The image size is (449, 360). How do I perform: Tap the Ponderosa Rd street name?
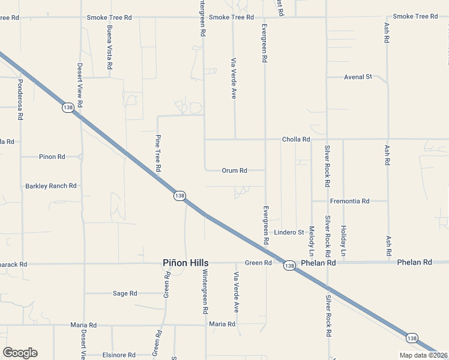click(20, 99)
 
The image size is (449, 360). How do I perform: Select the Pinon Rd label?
click(52, 157)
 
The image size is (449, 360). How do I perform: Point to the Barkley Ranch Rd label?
click(51, 186)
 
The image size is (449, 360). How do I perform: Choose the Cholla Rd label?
click(296, 139)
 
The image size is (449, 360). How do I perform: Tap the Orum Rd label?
click(235, 170)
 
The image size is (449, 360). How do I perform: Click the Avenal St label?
click(358, 77)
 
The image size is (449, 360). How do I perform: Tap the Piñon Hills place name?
click(186, 263)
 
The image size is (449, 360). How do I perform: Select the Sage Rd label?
click(125, 293)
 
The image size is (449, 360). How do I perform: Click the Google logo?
click(20, 353)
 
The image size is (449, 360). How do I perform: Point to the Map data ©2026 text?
click(423, 355)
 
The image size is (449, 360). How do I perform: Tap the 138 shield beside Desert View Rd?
click(68, 107)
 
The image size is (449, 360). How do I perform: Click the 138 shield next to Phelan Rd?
click(289, 265)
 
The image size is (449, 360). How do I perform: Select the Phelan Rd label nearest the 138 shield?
click(319, 263)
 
